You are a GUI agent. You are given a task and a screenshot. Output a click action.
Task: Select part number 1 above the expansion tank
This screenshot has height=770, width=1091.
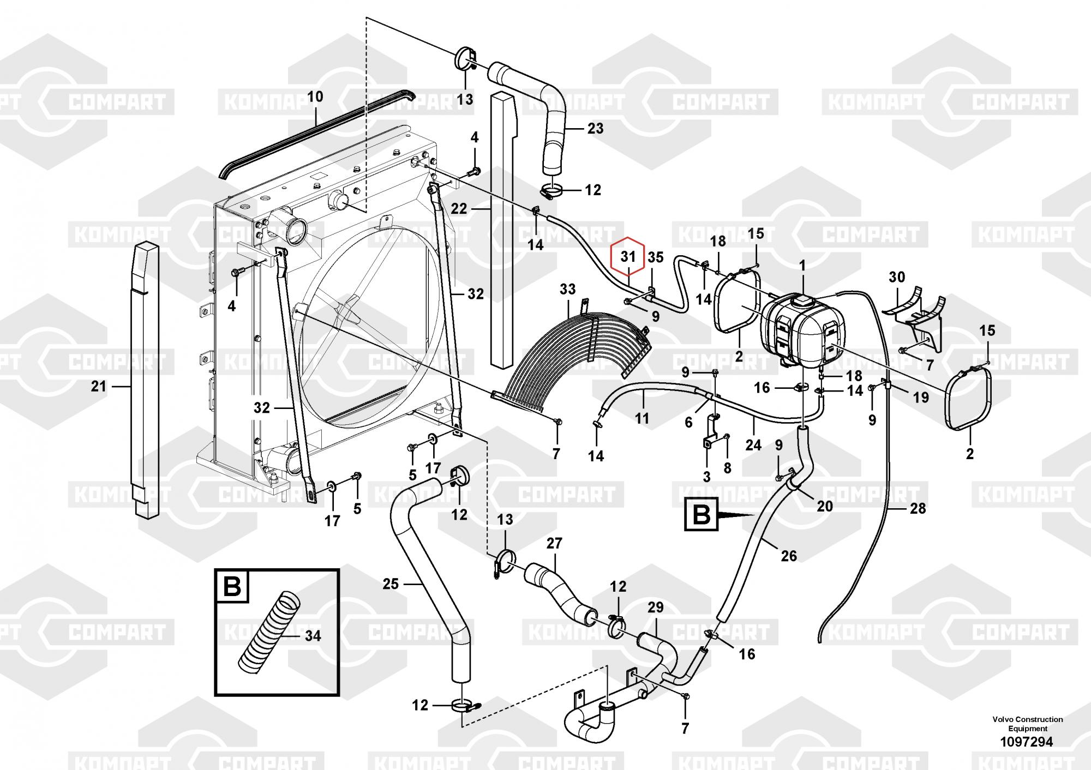click(x=802, y=266)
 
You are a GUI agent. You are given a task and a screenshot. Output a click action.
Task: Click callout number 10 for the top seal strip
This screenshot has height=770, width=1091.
click(x=315, y=97)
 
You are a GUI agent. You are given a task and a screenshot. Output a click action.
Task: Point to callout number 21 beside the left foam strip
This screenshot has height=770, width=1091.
click(x=98, y=387)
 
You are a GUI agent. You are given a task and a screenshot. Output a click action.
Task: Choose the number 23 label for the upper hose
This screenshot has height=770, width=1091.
click(x=595, y=128)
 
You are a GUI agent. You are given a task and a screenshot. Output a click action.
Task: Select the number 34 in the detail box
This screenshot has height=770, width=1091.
click(x=313, y=636)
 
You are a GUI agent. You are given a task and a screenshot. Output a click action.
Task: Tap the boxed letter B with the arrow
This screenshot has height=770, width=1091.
click(x=701, y=515)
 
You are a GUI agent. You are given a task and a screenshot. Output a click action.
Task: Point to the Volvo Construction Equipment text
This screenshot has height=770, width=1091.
click(x=1028, y=724)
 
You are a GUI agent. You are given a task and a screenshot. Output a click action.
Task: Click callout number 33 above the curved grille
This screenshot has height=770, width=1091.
click(x=567, y=289)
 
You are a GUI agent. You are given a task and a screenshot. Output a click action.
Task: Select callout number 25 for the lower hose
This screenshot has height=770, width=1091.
click(x=391, y=584)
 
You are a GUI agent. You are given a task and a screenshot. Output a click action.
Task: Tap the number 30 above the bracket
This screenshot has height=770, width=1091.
click(x=897, y=277)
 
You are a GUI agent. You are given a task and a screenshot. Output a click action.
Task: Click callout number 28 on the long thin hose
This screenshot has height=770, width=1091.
click(x=918, y=508)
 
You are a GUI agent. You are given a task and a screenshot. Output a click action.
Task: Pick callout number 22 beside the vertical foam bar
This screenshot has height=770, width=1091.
click(x=459, y=209)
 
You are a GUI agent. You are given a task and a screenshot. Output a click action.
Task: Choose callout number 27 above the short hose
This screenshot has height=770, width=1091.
click(x=554, y=543)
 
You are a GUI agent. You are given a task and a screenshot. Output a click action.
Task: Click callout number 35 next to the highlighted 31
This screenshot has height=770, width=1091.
click(x=656, y=257)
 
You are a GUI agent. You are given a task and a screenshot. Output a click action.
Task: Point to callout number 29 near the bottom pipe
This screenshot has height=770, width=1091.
click(x=656, y=607)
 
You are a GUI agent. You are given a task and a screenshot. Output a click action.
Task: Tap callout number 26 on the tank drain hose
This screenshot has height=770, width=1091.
click(x=789, y=556)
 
